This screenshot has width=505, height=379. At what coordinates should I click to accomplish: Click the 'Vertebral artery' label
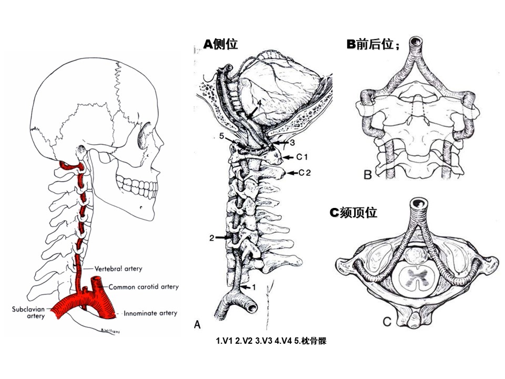pos(118,268)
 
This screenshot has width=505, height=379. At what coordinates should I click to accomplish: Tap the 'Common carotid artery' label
pos(144,287)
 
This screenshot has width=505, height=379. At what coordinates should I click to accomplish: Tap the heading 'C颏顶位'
pos(353,212)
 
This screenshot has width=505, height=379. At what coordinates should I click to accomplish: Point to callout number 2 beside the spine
pos(211,238)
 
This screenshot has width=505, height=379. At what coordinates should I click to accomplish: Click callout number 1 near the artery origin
pos(252,287)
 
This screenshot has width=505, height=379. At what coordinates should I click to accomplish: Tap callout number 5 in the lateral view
pos(222,136)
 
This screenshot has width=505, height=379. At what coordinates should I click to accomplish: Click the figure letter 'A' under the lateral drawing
pos(197,325)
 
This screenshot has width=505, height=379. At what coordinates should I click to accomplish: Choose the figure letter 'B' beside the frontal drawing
pos(368,174)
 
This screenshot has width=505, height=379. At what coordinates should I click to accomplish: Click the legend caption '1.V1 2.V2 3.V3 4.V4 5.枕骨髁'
pos(271,341)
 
